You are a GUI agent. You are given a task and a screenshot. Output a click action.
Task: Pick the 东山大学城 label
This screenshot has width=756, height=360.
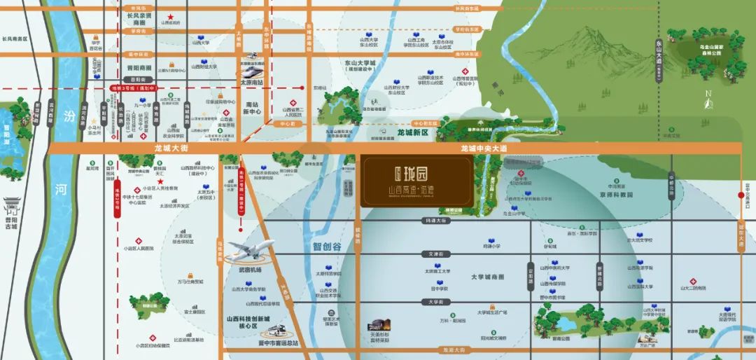[360, 63]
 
